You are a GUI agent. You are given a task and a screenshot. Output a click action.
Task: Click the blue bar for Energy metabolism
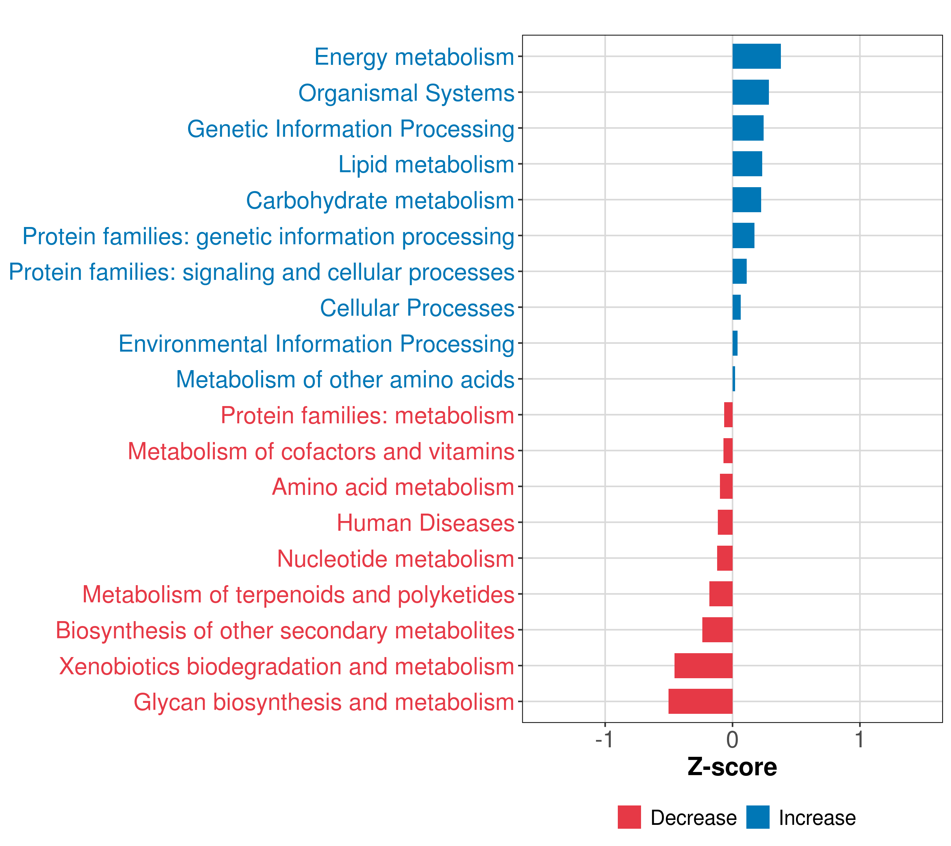757,56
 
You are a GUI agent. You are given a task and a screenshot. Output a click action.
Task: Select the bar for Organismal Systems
751,92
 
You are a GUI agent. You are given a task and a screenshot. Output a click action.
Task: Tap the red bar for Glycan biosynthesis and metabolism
700,701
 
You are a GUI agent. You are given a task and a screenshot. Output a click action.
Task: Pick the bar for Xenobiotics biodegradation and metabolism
703,666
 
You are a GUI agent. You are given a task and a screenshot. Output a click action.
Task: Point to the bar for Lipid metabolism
747,164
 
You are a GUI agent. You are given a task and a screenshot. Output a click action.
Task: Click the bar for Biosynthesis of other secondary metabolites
717,630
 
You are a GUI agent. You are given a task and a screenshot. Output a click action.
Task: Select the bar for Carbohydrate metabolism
747,200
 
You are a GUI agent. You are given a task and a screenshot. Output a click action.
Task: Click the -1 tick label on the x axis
604,740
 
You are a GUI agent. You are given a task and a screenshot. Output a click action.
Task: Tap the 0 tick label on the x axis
732,740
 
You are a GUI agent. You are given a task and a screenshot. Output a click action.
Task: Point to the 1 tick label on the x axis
859,740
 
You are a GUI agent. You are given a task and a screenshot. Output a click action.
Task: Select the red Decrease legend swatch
629,817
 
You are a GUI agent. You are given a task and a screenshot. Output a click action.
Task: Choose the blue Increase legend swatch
757,817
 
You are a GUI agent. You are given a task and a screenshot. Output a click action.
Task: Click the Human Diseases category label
425,523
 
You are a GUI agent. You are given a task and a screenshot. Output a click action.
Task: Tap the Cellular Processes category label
417,308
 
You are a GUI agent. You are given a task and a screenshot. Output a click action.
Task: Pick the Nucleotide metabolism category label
396,559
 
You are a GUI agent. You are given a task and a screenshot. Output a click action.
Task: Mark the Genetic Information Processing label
351,129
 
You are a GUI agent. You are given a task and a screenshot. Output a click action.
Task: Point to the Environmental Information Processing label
316,344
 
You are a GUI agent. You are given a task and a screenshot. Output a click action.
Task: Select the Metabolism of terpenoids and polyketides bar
721,594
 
